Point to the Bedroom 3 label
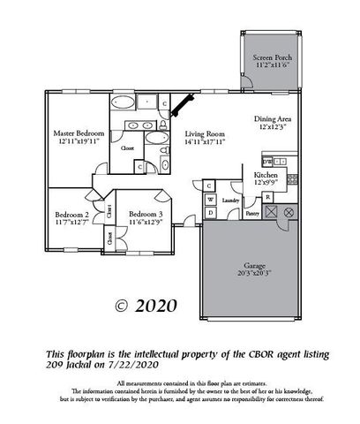pos(145,215)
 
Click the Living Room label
pos(206,132)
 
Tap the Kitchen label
pos(266,176)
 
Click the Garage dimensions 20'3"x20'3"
pos(253,274)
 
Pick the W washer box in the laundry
pos(211,200)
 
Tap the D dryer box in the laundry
pos(209,185)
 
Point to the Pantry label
pos(251,214)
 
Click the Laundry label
pos(231,201)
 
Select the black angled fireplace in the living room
pos(183,105)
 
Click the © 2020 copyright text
pos(146,307)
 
